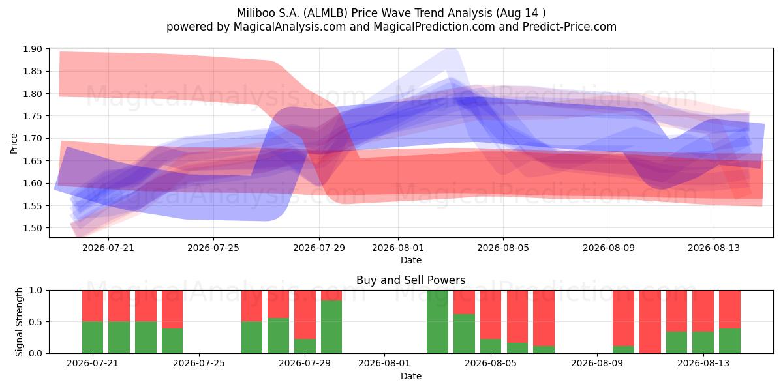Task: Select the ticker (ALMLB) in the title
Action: click(x=325, y=13)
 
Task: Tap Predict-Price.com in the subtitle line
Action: click(x=570, y=27)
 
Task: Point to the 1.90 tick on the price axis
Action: click(x=33, y=49)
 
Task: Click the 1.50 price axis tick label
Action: click(x=33, y=228)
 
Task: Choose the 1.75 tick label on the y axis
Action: click(x=33, y=116)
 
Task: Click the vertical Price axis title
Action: click(x=14, y=143)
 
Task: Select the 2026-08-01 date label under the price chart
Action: click(x=398, y=248)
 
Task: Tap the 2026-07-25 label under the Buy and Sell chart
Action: click(x=199, y=364)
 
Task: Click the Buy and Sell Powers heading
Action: click(x=410, y=280)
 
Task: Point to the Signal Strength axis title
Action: click(x=19, y=322)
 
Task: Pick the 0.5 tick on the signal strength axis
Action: click(x=35, y=322)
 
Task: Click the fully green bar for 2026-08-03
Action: click(x=437, y=322)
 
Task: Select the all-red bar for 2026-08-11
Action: click(x=650, y=322)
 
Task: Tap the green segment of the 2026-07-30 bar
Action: click(x=331, y=326)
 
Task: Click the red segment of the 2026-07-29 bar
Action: click(x=305, y=315)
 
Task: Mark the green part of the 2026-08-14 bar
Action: click(x=730, y=341)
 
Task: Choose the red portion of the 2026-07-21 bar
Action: click(x=93, y=306)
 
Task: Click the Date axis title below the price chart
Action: click(x=410, y=261)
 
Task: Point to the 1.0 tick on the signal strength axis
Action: click(x=35, y=291)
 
